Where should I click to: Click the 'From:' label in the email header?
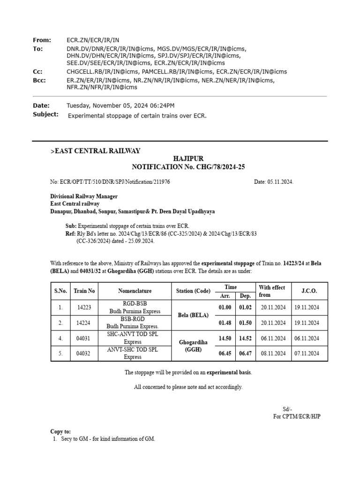click(x=42, y=40)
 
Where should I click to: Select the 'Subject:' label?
click(x=45, y=114)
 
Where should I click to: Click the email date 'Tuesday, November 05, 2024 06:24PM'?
click(x=121, y=106)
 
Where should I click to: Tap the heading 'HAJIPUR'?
click(x=188, y=159)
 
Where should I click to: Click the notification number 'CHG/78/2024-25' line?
click(x=188, y=167)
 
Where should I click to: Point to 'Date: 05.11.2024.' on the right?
click(x=274, y=182)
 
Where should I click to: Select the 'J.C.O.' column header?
click(x=309, y=291)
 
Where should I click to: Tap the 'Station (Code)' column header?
click(x=193, y=291)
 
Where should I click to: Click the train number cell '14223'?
click(x=84, y=307)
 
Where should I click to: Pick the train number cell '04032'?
click(x=84, y=353)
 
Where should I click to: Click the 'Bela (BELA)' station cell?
click(x=193, y=315)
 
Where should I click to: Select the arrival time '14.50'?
click(x=226, y=338)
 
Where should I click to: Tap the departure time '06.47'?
click(x=246, y=353)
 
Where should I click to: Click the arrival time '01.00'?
click(x=226, y=307)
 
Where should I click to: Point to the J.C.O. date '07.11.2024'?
click(x=307, y=353)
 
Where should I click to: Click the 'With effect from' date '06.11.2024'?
click(x=273, y=338)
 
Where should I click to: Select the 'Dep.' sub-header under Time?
click(x=246, y=296)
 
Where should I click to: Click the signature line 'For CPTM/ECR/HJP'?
click(x=297, y=416)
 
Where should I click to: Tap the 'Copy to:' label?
click(x=61, y=431)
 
